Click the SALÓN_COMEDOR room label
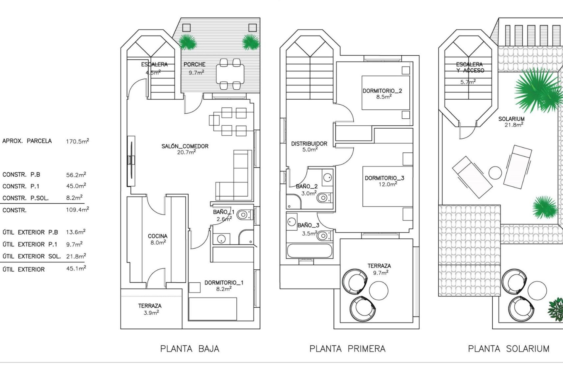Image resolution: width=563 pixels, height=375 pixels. click(x=185, y=146)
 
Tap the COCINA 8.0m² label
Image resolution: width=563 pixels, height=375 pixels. click(x=157, y=239)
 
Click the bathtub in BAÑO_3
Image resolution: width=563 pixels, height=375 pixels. click(x=310, y=251)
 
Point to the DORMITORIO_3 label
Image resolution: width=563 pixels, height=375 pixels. click(x=384, y=178)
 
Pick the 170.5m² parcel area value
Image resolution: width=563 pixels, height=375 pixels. click(x=77, y=141)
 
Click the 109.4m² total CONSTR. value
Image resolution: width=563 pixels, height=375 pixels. click(x=77, y=210)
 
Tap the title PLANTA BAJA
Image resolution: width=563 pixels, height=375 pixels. click(x=190, y=349)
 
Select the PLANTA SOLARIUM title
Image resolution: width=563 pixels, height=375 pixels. click(x=508, y=349)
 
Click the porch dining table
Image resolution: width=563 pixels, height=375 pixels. click(x=230, y=74)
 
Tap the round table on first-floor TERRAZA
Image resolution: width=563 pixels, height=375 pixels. click(x=379, y=290)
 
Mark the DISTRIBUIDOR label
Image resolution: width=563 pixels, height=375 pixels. click(x=309, y=144)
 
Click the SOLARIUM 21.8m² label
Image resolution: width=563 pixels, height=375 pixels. click(x=511, y=121)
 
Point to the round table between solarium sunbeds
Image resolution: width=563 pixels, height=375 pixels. click(x=495, y=173)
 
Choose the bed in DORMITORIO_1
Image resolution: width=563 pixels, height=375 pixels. click(x=213, y=309)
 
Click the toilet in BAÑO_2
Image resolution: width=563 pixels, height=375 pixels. click(x=323, y=198)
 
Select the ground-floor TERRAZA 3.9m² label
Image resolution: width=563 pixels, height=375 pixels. click(x=150, y=309)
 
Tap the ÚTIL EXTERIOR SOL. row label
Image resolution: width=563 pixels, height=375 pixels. click(x=31, y=256)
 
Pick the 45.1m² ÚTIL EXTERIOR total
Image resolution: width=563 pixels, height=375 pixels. click(x=76, y=268)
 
